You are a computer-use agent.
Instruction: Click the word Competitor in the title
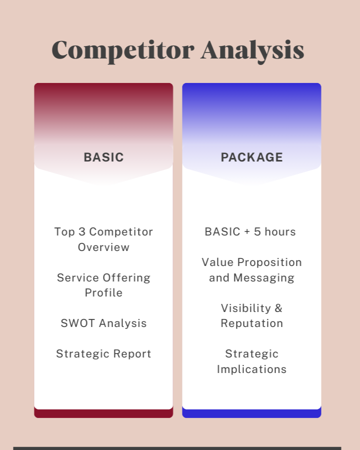click(x=123, y=51)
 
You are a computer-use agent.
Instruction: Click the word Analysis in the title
click(x=252, y=51)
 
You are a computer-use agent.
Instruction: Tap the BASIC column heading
click(x=103, y=157)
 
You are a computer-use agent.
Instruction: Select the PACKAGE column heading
click(x=252, y=157)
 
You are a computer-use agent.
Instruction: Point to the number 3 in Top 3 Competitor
click(x=82, y=231)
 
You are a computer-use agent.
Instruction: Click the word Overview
click(x=103, y=247)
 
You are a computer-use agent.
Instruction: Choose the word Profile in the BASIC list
click(x=103, y=292)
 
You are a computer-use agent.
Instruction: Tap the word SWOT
click(x=78, y=323)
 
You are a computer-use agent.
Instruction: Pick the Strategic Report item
click(x=103, y=354)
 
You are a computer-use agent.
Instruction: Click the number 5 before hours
click(x=257, y=231)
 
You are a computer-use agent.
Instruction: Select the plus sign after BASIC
click(x=247, y=232)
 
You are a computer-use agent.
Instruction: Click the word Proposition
click(x=269, y=262)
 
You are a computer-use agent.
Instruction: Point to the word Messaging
click(x=264, y=278)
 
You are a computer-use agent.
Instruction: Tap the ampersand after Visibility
click(x=278, y=308)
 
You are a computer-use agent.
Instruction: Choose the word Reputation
click(x=252, y=323)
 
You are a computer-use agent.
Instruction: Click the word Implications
click(x=252, y=369)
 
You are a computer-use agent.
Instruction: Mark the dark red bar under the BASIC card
click(x=103, y=413)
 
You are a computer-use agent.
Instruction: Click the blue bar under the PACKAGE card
click(x=252, y=413)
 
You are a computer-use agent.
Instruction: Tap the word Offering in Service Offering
click(x=126, y=278)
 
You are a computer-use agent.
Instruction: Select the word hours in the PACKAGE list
click(x=280, y=231)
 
